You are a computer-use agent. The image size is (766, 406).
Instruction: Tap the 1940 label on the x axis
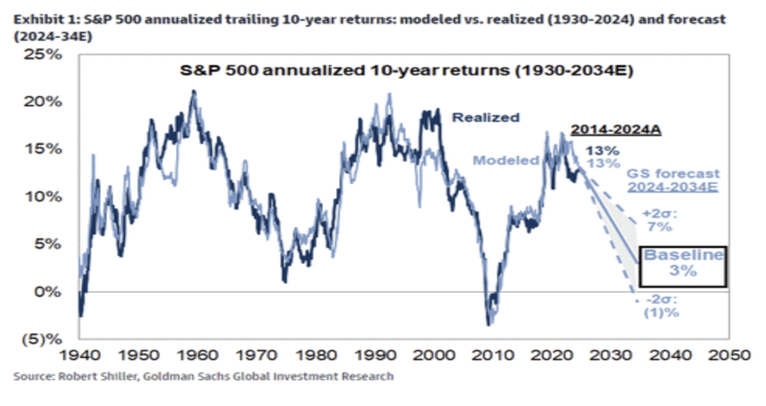(79, 354)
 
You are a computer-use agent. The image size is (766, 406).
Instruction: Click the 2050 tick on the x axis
(729, 354)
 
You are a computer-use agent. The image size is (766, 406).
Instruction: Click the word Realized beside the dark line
(485, 118)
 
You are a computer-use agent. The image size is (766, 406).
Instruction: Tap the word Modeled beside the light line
(505, 160)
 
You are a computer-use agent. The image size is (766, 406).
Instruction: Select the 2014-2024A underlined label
(616, 130)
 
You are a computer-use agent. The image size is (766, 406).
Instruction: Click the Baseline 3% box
(683, 266)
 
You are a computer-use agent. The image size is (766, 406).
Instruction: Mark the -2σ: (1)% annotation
(662, 307)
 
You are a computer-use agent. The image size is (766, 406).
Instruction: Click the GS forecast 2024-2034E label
(674, 180)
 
